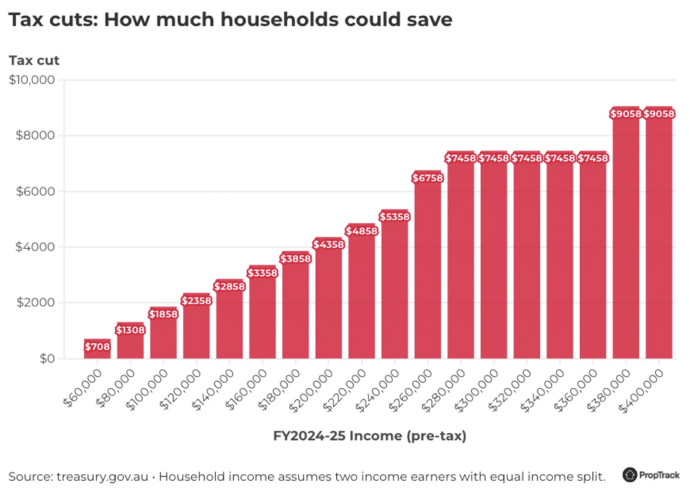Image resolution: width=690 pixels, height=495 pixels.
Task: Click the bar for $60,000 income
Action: pos(97,350)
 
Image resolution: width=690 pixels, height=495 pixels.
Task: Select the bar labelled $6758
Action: pos(427,269)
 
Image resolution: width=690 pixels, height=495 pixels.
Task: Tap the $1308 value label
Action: pos(130,330)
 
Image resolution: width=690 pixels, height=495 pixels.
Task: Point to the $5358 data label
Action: pos(394,217)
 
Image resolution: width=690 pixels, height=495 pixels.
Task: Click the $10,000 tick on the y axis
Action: pos(34,80)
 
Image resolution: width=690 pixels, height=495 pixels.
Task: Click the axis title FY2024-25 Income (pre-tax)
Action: pos(369,436)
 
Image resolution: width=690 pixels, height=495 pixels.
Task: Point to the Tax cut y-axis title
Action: pos(34,60)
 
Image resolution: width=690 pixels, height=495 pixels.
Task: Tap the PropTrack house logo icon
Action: pos(631,475)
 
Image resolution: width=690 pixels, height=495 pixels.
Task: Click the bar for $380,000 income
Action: pos(625,236)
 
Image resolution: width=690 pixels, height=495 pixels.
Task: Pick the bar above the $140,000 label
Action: pos(229,320)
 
